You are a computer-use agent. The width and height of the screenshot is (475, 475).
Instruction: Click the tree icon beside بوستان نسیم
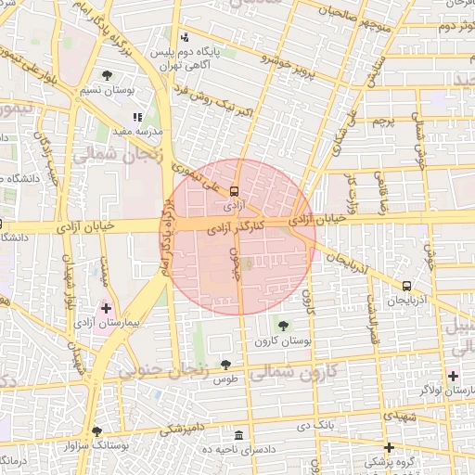click(x=108, y=75)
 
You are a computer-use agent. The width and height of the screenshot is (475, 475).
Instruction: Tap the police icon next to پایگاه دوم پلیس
click(x=185, y=38)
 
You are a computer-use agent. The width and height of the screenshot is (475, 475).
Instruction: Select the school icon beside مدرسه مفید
click(x=138, y=118)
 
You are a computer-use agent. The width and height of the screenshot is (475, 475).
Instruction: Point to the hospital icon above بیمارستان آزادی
click(x=106, y=307)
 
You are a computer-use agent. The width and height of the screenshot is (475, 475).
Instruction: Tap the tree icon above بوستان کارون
click(x=283, y=325)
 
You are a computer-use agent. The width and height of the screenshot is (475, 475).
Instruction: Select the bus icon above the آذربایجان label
click(x=407, y=286)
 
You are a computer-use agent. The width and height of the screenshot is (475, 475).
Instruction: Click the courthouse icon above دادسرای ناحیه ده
click(x=240, y=436)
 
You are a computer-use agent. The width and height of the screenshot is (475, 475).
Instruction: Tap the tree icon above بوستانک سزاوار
click(x=97, y=431)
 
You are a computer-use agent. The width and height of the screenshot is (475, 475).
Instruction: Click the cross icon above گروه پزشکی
click(x=390, y=447)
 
